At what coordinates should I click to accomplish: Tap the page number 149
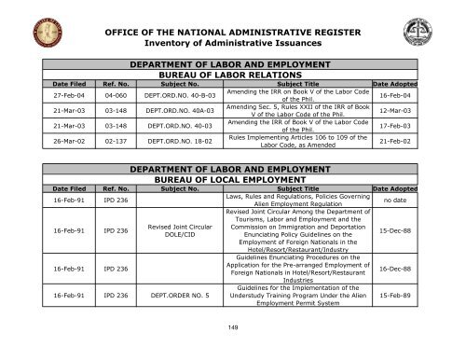[x=233, y=351]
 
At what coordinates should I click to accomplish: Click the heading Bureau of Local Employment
[x=233, y=184]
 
